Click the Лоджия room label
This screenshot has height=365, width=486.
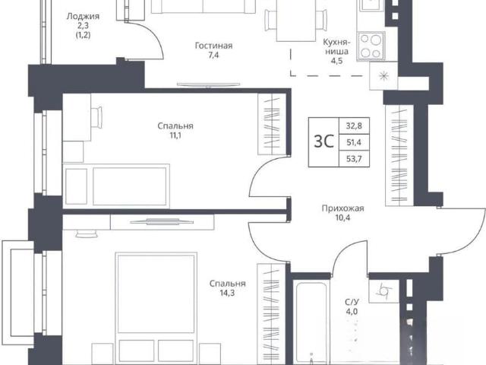click(83, 17)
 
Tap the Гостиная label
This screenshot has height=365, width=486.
click(213, 46)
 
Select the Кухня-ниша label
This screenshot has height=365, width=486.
click(336, 46)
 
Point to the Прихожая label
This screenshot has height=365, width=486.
click(342, 208)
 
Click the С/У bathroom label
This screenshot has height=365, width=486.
click(352, 302)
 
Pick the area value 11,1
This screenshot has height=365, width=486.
click(175, 135)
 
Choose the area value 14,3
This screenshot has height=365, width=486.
click(227, 293)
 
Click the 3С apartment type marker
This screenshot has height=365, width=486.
click(323, 141)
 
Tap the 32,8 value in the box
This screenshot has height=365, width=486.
click(354, 126)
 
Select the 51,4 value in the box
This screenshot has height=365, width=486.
click(354, 142)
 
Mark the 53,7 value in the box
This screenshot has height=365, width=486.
click(354, 159)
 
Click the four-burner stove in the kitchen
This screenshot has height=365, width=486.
click(371, 46)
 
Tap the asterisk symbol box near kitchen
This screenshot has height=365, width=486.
click(383, 76)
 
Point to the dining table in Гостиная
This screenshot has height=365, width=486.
click(296, 20)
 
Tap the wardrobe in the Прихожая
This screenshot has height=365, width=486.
click(399, 155)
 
